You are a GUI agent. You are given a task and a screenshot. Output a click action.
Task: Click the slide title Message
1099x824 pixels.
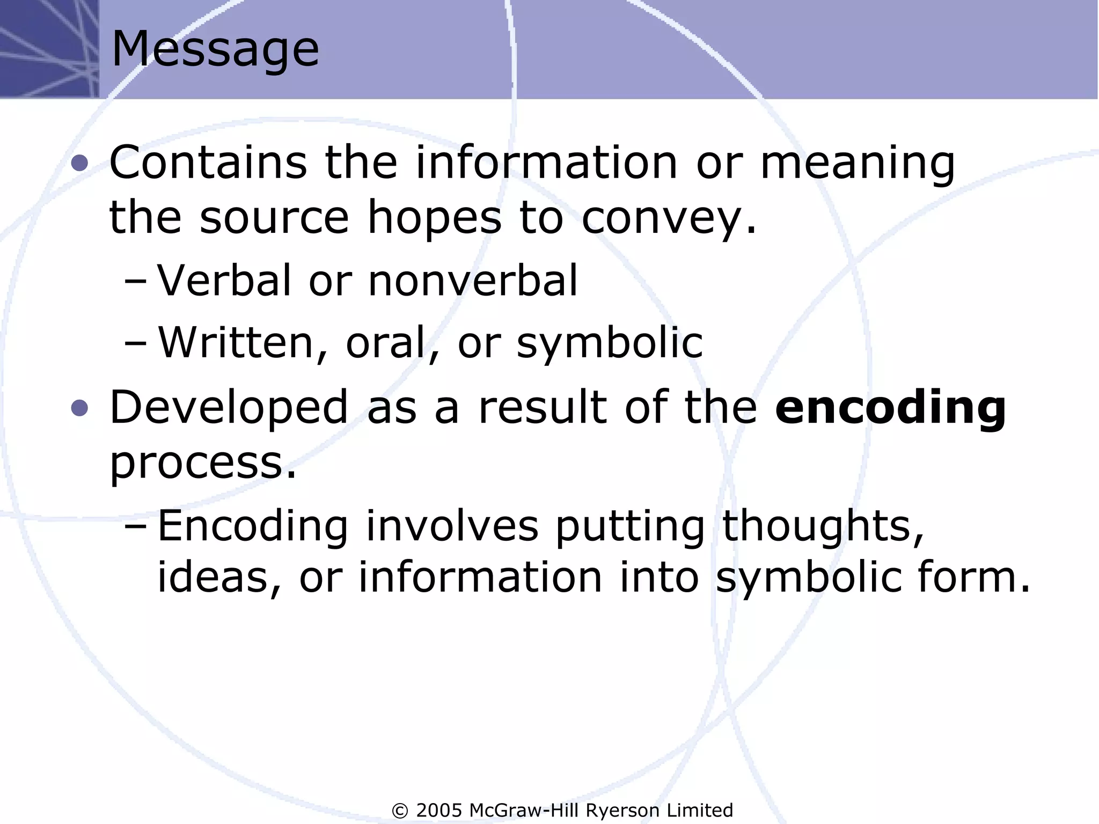click(215, 49)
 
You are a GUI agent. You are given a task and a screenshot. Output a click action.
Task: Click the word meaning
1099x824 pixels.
click(858, 164)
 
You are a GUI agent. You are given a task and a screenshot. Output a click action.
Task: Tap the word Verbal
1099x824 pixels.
click(224, 280)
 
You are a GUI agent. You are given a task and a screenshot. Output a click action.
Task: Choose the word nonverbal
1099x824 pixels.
click(473, 280)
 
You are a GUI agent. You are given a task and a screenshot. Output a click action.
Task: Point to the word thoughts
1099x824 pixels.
click(823, 526)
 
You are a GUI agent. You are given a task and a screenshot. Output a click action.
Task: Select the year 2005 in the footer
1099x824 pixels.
click(439, 810)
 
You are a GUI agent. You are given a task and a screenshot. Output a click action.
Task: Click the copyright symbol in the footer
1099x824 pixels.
click(400, 811)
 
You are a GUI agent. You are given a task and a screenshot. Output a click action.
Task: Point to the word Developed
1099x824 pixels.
click(229, 408)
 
